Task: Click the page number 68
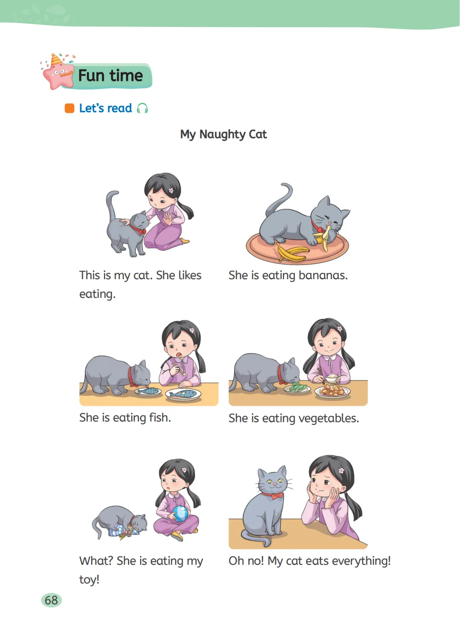click(x=51, y=601)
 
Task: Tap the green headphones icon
click(x=142, y=108)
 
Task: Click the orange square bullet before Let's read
click(x=69, y=108)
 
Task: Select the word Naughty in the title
click(x=222, y=135)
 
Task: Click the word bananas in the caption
click(x=323, y=275)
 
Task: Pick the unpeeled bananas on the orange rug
click(x=292, y=253)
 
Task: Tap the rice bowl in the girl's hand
click(x=332, y=378)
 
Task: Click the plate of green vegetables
click(x=297, y=389)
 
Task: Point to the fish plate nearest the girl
click(x=183, y=395)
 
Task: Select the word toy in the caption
click(x=89, y=580)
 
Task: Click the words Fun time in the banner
click(x=110, y=75)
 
